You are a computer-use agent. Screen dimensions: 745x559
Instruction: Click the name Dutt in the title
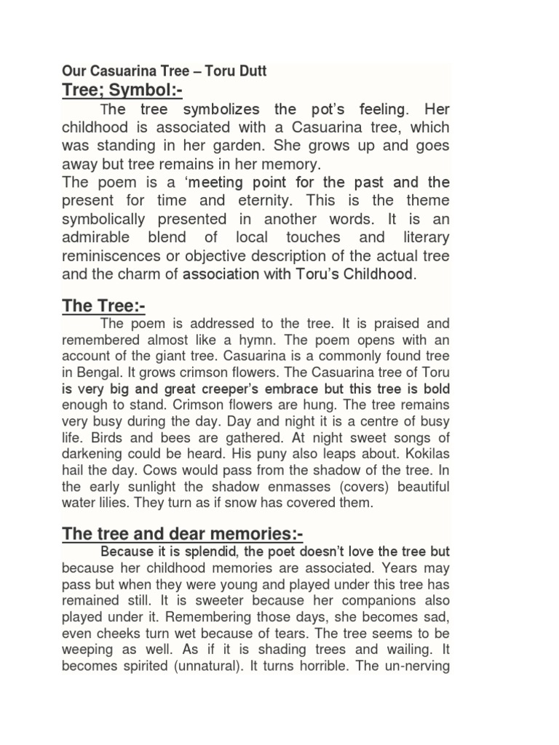click(x=251, y=71)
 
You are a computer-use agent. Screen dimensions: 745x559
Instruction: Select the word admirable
click(x=95, y=237)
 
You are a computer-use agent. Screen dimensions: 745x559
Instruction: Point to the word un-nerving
click(x=415, y=666)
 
